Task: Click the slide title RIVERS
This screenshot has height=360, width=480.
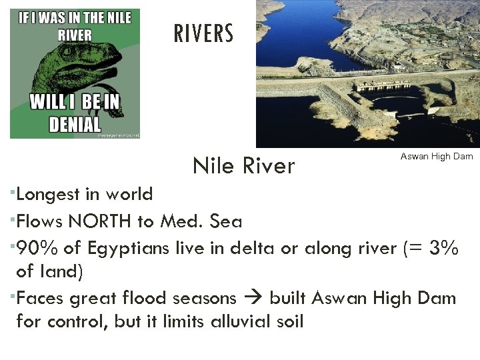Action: [204, 33]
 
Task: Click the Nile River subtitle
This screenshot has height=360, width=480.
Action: [243, 165]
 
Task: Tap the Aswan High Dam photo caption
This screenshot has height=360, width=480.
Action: [436, 156]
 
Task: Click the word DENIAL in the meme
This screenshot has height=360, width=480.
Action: [75, 124]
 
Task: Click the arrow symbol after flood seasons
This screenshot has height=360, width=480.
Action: [257, 298]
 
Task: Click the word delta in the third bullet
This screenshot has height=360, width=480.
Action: [249, 248]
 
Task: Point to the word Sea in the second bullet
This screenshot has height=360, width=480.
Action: [227, 221]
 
